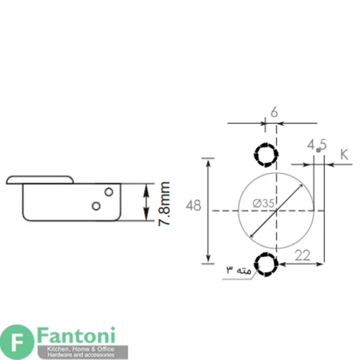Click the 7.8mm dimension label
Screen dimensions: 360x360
point(164,204)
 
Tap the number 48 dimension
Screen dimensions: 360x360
point(193,205)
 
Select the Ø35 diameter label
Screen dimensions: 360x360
point(263,203)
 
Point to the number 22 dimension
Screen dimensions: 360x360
point(302,256)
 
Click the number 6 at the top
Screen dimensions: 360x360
point(274,113)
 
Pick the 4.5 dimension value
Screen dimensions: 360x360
point(317,145)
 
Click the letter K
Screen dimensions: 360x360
point(344,154)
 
